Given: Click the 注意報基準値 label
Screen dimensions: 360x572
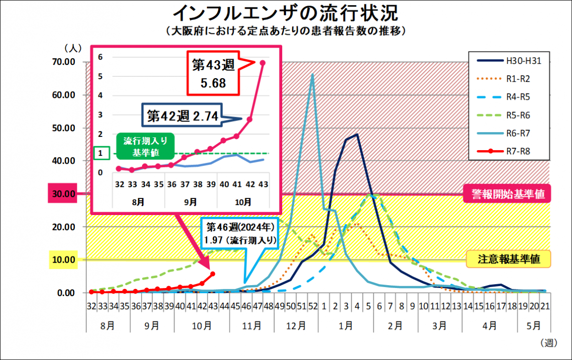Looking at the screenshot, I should tap(509, 259).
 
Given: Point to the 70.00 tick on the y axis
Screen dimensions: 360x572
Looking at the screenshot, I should tap(64, 62).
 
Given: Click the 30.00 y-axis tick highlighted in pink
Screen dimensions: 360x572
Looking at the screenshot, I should tap(64, 194).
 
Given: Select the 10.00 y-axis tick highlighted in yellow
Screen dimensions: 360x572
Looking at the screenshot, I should tap(64, 260).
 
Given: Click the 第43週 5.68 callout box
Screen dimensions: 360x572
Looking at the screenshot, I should tap(213, 74).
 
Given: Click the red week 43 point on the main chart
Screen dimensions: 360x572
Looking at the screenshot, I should tap(213, 274).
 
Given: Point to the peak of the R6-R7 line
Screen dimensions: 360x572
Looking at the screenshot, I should tap(312, 74).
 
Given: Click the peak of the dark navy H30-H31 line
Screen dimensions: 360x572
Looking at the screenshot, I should tap(357, 135).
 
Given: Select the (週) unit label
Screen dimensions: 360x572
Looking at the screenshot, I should tap(549, 343).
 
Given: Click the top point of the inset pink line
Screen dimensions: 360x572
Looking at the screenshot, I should tap(262, 62).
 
